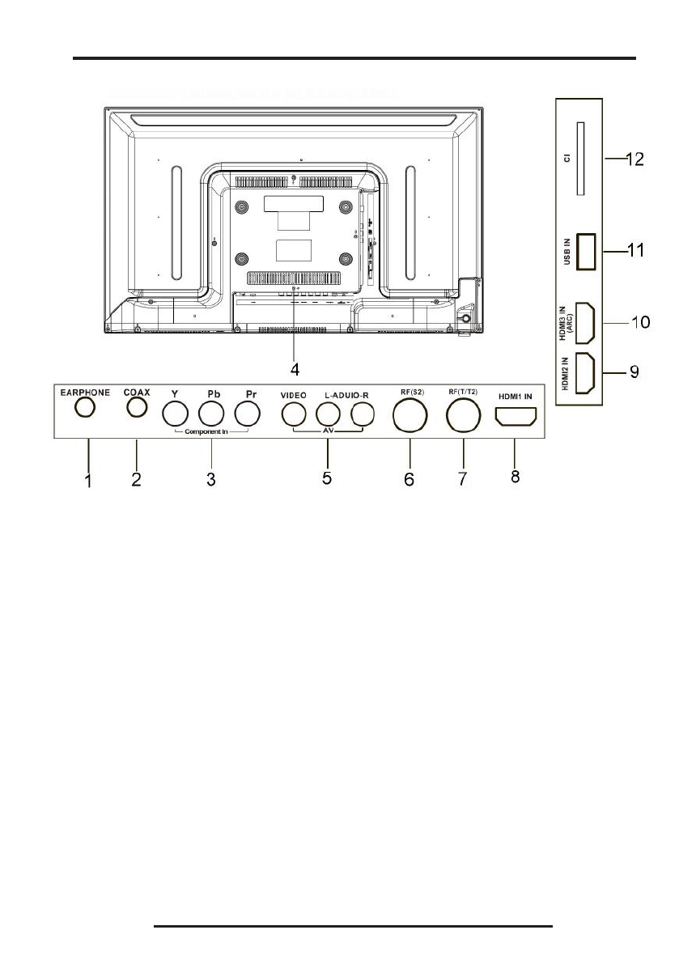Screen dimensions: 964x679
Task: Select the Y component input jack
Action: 176,414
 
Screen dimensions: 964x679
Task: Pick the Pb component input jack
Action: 212,414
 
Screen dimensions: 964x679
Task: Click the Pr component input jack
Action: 248,414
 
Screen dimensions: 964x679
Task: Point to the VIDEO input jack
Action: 293,414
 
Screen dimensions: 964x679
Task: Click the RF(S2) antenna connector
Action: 409,418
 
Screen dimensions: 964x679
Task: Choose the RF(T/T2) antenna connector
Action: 464,418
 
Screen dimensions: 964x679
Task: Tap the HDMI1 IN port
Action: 515,418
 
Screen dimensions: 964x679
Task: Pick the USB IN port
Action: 586,250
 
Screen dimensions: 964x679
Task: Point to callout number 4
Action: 295,369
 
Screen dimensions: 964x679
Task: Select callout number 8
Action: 515,478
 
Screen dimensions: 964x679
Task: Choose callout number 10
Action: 640,321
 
